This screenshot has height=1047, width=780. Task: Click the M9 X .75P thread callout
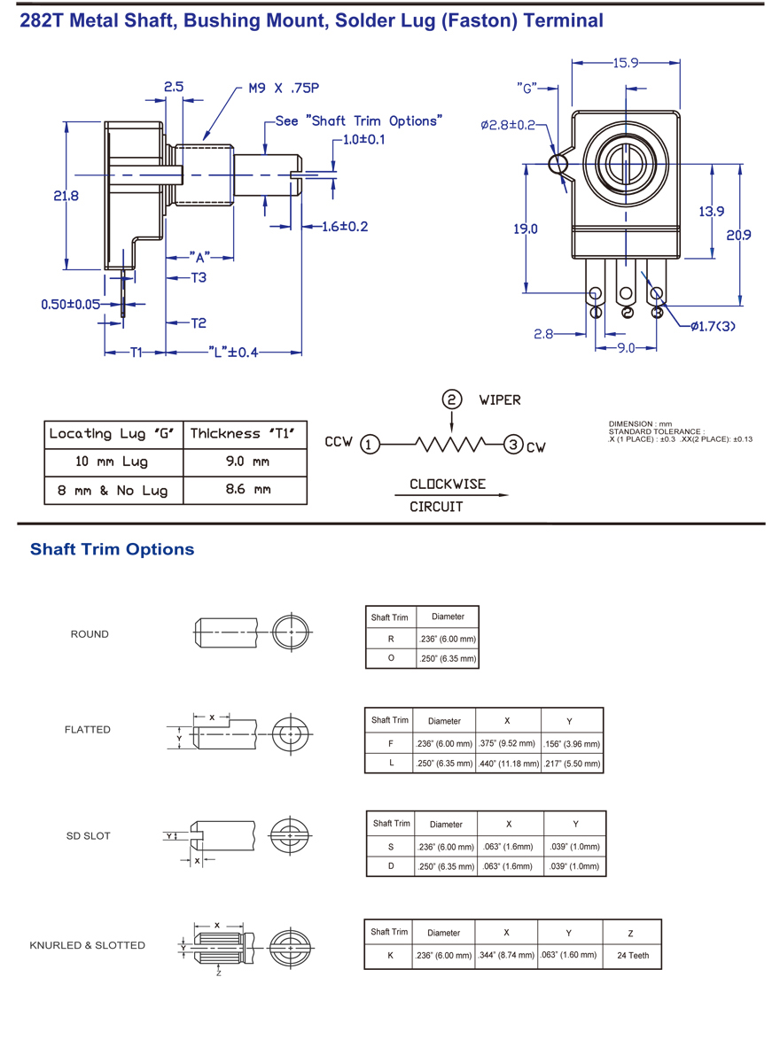pyautogui.click(x=285, y=89)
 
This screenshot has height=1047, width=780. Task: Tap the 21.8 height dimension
pyautogui.click(x=66, y=196)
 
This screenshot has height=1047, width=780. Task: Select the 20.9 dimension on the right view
pyautogui.click(x=739, y=235)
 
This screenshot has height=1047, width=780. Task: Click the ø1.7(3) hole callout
pyautogui.click(x=714, y=326)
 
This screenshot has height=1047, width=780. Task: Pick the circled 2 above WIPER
pyautogui.click(x=453, y=399)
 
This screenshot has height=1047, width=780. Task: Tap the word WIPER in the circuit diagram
pyautogui.click(x=500, y=400)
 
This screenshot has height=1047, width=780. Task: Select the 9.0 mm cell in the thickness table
pyautogui.click(x=246, y=461)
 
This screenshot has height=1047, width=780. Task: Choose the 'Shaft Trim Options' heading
pyautogui.click(x=113, y=549)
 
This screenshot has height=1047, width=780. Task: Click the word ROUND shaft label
pyautogui.click(x=90, y=634)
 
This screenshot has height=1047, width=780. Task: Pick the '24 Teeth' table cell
pyautogui.click(x=633, y=955)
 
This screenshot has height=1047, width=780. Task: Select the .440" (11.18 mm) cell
pyautogui.click(x=509, y=763)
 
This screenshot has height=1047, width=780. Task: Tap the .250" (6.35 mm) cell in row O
pyautogui.click(x=448, y=658)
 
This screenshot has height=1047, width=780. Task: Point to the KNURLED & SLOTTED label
pyautogui.click(x=87, y=945)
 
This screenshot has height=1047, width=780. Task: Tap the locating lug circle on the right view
pyautogui.click(x=558, y=163)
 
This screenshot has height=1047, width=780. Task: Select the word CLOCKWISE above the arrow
pyautogui.click(x=448, y=485)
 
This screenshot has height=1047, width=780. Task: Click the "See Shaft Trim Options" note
pyautogui.click(x=358, y=120)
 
